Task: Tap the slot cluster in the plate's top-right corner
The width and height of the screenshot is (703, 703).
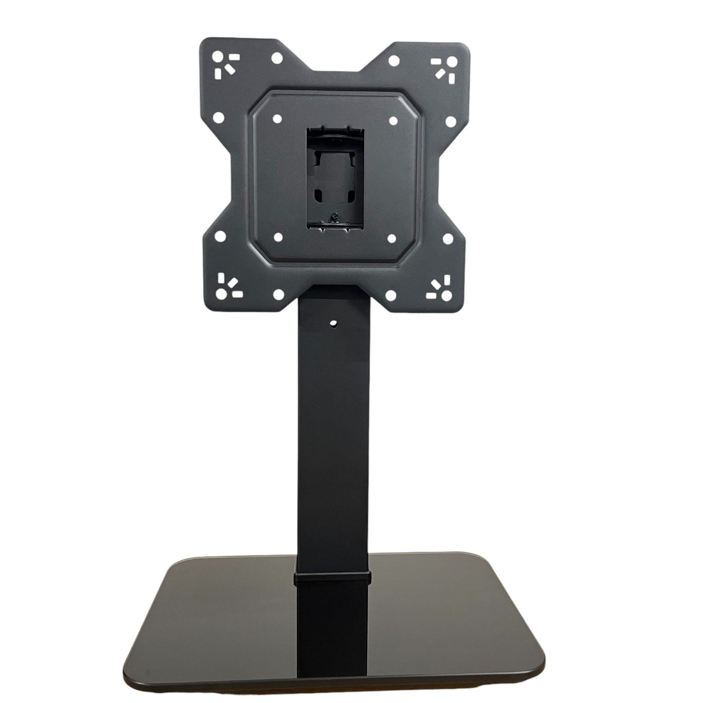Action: tap(444, 65)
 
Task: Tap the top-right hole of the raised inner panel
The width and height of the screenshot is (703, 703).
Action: tap(391, 120)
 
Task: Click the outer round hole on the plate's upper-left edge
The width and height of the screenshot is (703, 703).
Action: tap(218, 118)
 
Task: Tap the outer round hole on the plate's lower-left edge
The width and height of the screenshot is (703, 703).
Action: tap(219, 237)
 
